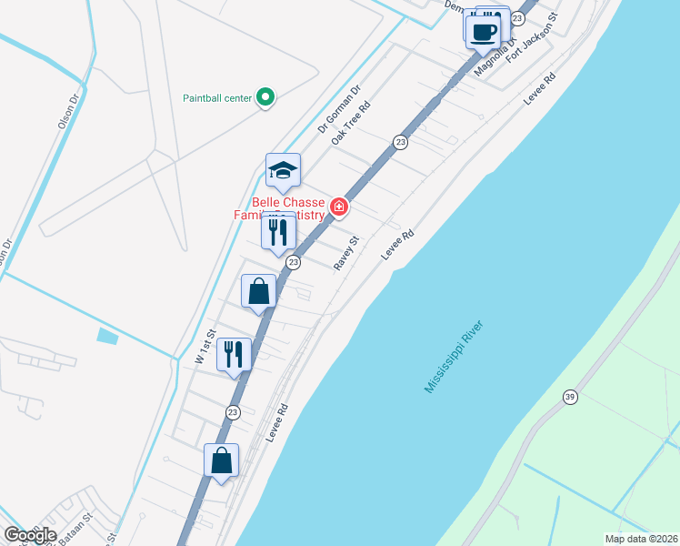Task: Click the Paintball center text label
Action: pyautogui.click(x=216, y=97)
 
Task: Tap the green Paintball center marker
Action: pyautogui.click(x=265, y=96)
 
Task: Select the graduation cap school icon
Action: pyautogui.click(x=283, y=170)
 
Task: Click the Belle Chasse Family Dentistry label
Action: pyautogui.click(x=287, y=208)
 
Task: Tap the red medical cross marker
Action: pyautogui.click(x=339, y=207)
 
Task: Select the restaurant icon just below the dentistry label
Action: pyautogui.click(x=277, y=231)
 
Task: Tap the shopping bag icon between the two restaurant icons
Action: pyautogui.click(x=259, y=291)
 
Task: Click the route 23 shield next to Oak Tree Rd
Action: pyautogui.click(x=400, y=142)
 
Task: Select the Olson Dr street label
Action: pyautogui.click(x=68, y=108)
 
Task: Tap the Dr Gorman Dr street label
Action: pyautogui.click(x=339, y=109)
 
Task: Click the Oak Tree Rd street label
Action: pyautogui.click(x=351, y=124)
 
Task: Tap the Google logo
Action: pyautogui.click(x=30, y=535)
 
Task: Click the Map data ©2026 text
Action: pyautogui.click(x=640, y=539)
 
